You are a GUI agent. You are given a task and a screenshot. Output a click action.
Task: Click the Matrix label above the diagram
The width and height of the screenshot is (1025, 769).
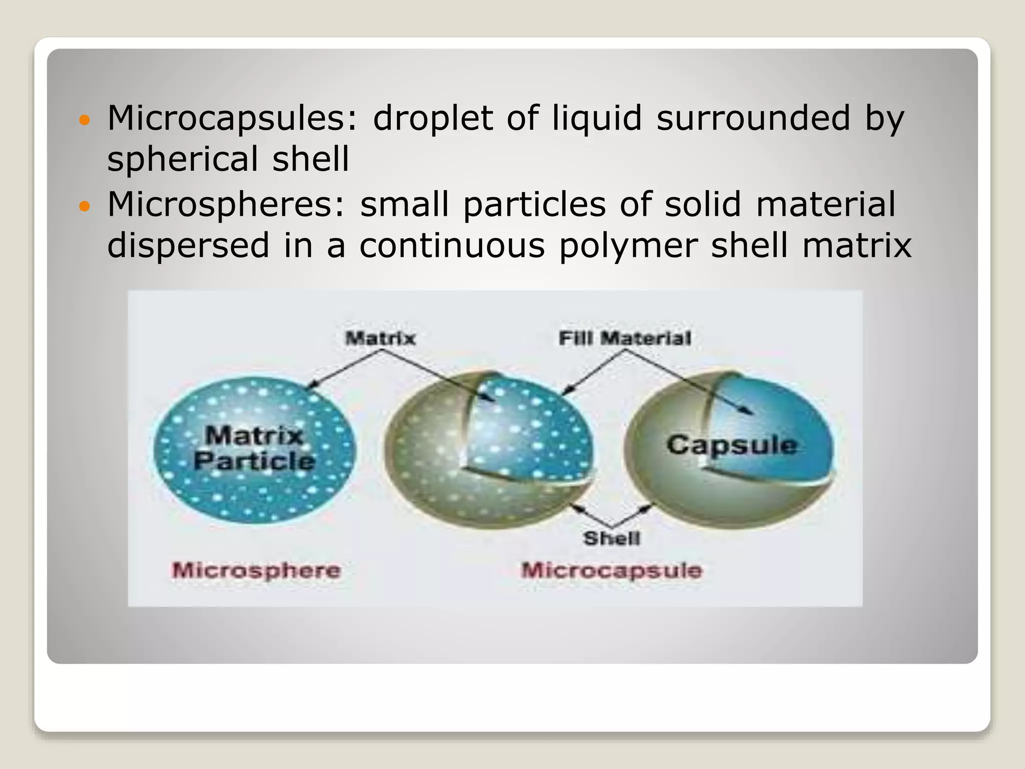tap(380, 338)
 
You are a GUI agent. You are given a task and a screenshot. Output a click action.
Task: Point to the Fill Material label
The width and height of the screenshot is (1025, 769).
tap(625, 338)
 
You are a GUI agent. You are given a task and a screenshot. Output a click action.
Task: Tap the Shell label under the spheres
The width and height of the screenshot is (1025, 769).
tap(612, 538)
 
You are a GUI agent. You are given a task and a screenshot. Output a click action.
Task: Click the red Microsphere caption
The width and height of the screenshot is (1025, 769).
tap(256, 570)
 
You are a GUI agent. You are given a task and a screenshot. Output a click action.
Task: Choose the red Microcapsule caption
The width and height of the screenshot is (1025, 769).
tap(612, 570)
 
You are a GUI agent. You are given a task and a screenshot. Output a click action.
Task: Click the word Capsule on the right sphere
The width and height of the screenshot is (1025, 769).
tap(732, 445)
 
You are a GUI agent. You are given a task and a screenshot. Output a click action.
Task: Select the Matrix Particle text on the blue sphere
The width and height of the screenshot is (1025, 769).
tap(254, 448)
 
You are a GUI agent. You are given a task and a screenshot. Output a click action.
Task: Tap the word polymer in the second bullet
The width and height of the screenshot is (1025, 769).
tap(628, 246)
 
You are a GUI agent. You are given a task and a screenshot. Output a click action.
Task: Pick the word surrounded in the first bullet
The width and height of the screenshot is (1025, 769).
tap(753, 118)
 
